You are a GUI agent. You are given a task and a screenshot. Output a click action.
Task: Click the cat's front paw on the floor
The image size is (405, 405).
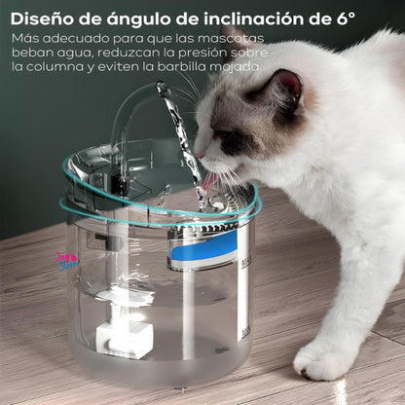(x=321, y=361)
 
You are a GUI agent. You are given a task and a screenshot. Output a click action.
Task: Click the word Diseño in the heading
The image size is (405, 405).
(x=48, y=17)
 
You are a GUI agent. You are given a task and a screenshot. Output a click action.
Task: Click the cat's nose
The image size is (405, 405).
(x=199, y=154)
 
